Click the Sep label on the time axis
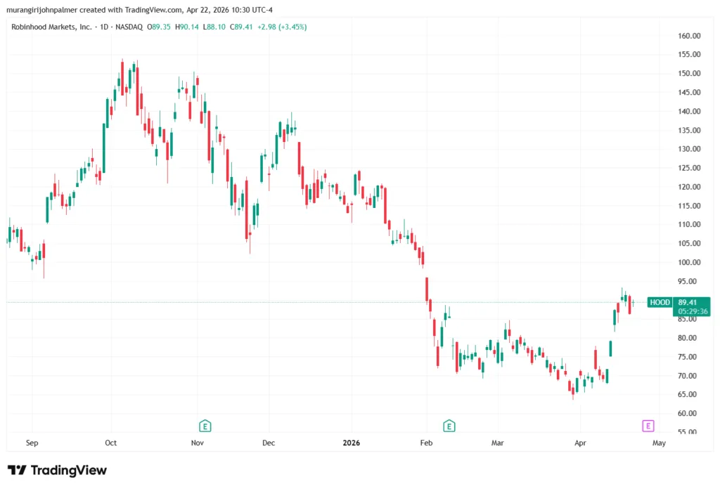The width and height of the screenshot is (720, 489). coord(32,444)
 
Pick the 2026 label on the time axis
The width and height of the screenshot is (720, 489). coord(351,444)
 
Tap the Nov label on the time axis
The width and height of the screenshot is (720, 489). coord(198,444)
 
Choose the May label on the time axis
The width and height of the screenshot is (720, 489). coord(659,444)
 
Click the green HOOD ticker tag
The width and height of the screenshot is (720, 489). coord(659,302)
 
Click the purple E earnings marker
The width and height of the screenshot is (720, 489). coord(648,425)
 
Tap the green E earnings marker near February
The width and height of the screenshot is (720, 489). coord(449,425)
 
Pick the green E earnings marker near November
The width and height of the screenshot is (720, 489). coord(205,425)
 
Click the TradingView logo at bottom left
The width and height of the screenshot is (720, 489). coord(57,470)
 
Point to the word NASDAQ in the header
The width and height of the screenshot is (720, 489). coord(130,27)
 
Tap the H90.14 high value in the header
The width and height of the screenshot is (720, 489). coord(186,27)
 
